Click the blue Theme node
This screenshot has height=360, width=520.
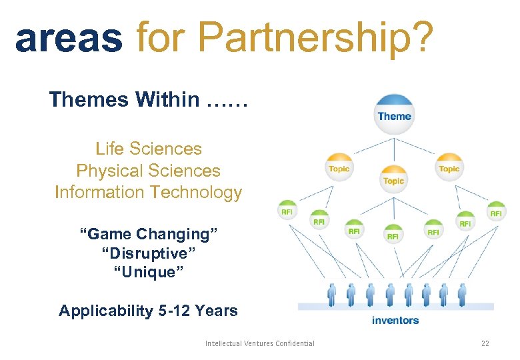(x=394, y=115)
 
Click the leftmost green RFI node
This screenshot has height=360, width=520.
(x=287, y=211)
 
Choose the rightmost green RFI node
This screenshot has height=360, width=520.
(x=496, y=212)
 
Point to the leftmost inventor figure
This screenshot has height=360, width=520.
(x=331, y=294)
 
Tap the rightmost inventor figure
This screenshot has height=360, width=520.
(x=461, y=294)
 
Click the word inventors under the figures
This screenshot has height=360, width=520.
(x=395, y=320)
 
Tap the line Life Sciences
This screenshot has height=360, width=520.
(x=148, y=149)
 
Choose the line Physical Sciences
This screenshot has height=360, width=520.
(x=148, y=171)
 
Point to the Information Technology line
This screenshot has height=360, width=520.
(x=148, y=193)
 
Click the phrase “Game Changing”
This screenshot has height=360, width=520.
(x=148, y=234)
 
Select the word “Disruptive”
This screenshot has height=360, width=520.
(x=148, y=253)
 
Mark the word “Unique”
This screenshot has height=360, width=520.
(x=148, y=273)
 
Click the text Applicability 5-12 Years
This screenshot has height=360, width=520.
(x=148, y=311)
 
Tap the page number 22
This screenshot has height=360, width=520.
(x=485, y=343)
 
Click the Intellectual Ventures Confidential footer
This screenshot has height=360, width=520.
(x=260, y=343)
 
